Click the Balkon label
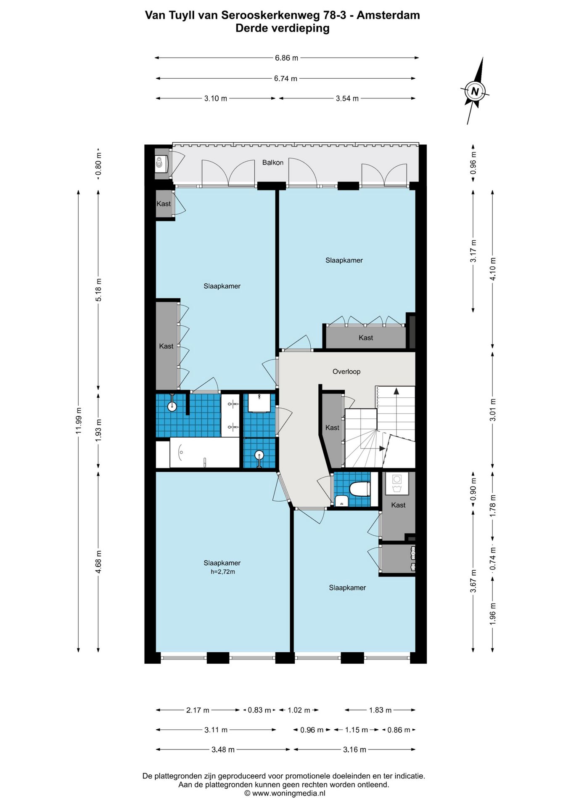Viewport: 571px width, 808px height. (x=273, y=162)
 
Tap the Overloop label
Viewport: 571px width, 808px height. (x=346, y=372)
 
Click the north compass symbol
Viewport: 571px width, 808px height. (x=476, y=90)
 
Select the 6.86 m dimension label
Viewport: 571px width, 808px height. (x=286, y=58)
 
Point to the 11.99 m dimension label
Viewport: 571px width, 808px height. (x=78, y=420)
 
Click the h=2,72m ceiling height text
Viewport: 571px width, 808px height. (x=223, y=571)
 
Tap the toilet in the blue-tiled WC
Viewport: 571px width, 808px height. (x=360, y=489)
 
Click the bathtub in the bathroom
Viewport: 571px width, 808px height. (x=204, y=453)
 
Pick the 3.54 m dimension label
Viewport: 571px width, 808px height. (x=347, y=98)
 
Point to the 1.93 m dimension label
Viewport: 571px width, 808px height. (x=98, y=430)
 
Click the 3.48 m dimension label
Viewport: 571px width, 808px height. (x=223, y=750)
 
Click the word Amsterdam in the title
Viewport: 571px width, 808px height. (x=388, y=15)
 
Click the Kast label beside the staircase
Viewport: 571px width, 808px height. (x=332, y=428)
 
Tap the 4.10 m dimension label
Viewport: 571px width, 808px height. (x=493, y=268)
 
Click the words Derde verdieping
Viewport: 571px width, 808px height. (x=283, y=28)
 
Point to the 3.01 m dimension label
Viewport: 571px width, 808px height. (x=493, y=409)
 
